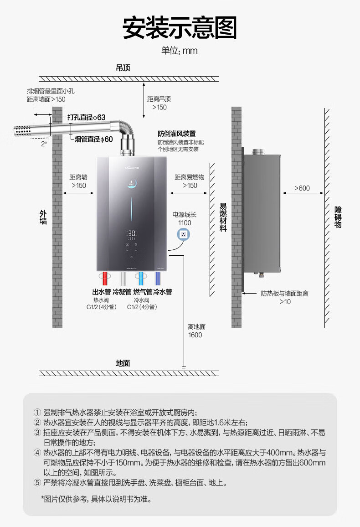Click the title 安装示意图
180,28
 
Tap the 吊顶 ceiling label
123,68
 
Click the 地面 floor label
123,363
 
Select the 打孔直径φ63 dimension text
86,117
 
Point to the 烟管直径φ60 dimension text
94,139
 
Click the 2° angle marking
44,144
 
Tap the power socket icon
183,234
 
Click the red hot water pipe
105,278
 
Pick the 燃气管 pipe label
143,292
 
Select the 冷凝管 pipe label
122,292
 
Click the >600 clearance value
302,188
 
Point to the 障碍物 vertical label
338,217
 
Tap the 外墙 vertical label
43,217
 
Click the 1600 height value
195,335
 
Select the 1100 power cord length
185,223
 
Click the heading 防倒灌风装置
177,134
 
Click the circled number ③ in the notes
37,433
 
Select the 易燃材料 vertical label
223,217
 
